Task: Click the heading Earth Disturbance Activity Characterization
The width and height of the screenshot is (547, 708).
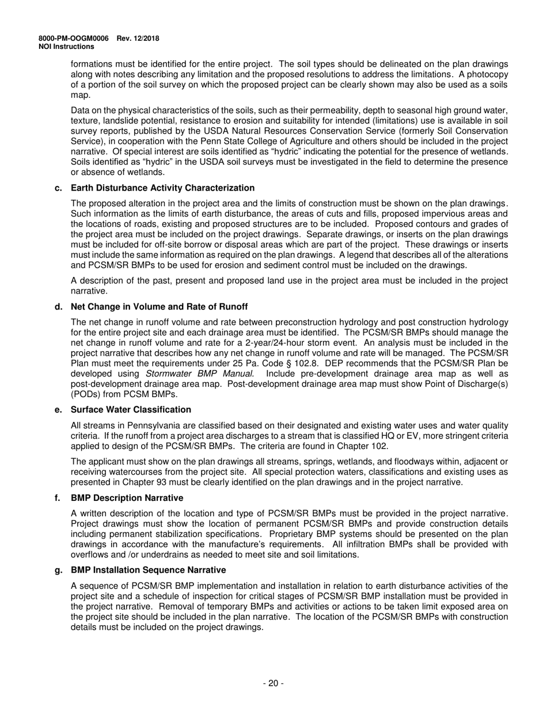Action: [x=162, y=188]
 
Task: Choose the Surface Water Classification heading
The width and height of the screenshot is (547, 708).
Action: [x=131, y=409]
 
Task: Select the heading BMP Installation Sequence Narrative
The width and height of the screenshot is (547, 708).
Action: [x=148, y=569]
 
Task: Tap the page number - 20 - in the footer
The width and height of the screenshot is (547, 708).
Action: [x=273, y=683]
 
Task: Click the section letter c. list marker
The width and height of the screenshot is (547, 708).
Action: [x=58, y=188]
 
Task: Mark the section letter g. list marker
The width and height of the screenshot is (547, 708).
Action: [x=58, y=569]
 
